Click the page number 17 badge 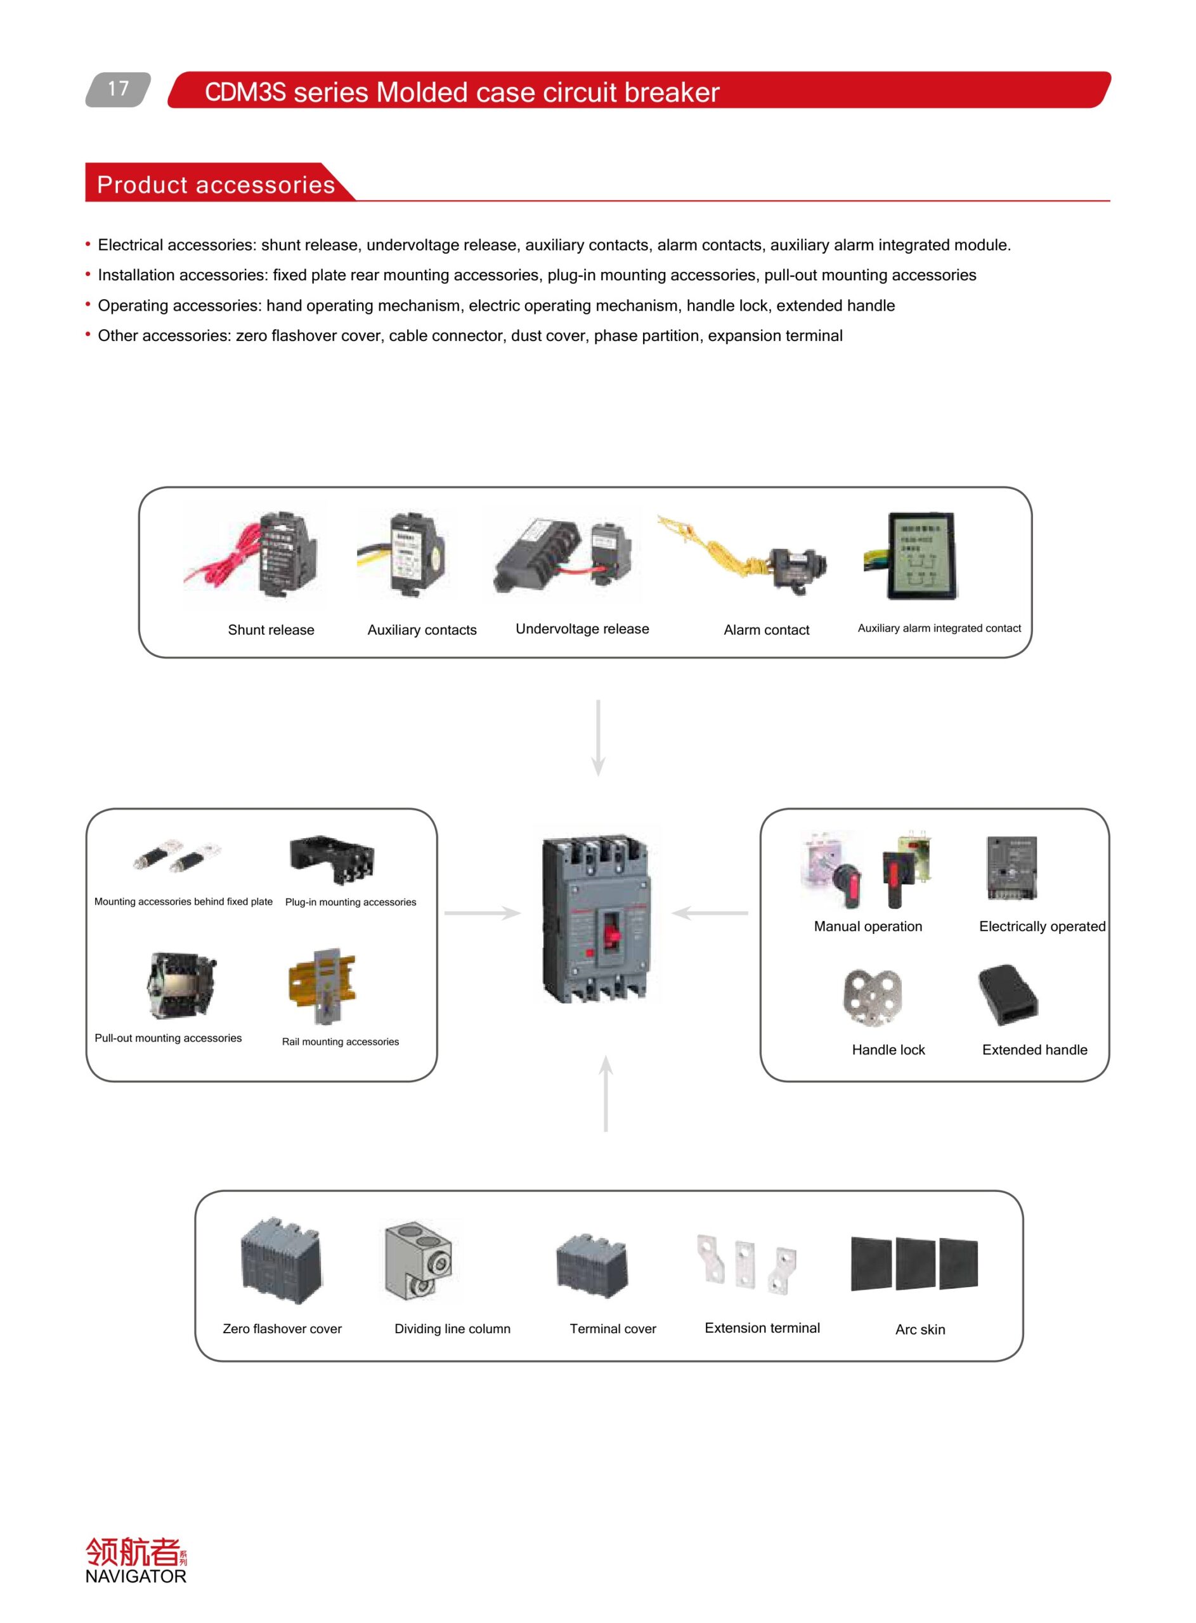point(118,89)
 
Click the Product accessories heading point(216,184)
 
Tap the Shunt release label point(271,630)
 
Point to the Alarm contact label point(766,630)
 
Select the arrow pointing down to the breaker point(598,738)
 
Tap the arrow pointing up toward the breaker point(606,1094)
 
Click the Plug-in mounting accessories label point(351,902)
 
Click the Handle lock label point(888,1050)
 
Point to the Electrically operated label point(1042,926)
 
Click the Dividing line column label point(452,1328)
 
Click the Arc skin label point(920,1329)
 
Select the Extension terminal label point(762,1328)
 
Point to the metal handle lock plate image point(873,998)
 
